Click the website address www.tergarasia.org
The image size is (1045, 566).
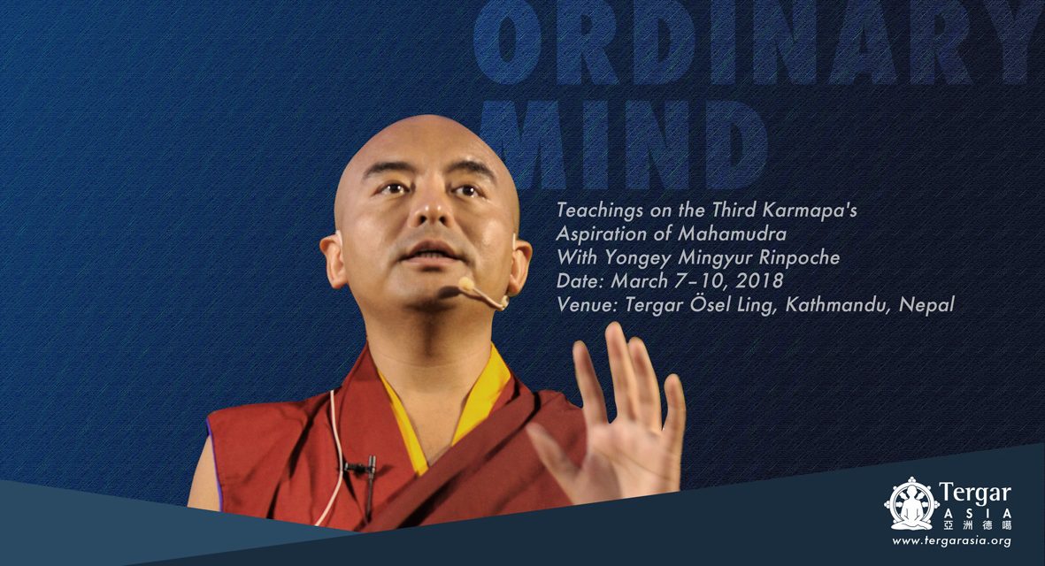pos(951,541)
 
